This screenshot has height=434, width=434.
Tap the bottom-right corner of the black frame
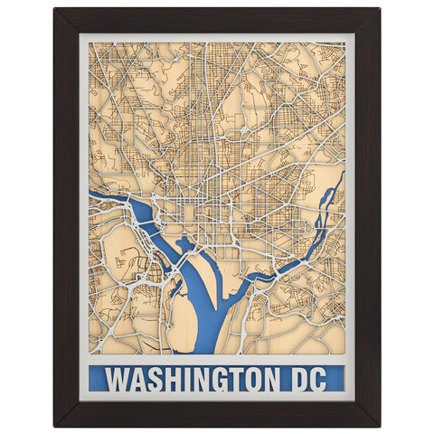(378, 424)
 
